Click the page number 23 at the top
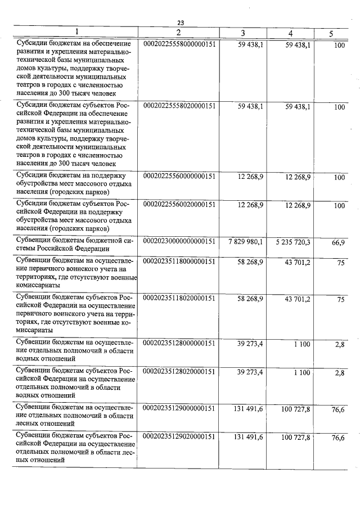coord(181,22)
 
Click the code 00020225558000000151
coord(180,43)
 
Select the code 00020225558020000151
coord(180,105)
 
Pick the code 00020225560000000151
coord(180,176)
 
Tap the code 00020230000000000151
coord(180,241)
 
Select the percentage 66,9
coord(338,242)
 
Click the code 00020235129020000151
coord(180,436)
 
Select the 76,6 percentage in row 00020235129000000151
coord(338,410)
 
